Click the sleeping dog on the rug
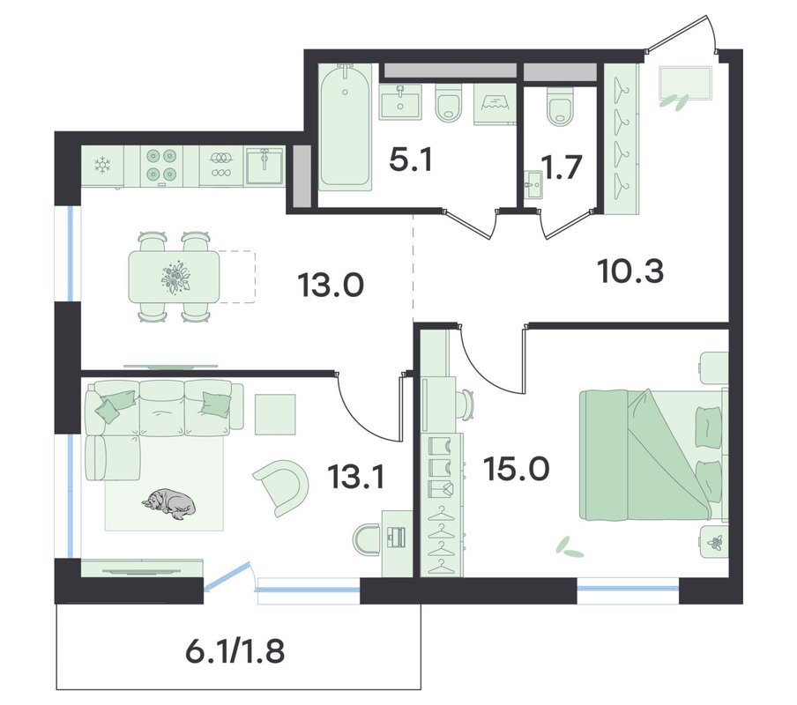pyautogui.click(x=168, y=504)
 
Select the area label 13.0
pyautogui.click(x=331, y=285)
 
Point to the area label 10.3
pyautogui.click(x=630, y=271)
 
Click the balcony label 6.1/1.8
pyautogui.click(x=235, y=651)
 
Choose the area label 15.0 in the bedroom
pyautogui.click(x=517, y=468)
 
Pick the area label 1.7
pyautogui.click(x=561, y=167)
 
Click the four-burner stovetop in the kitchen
pyautogui.click(x=161, y=165)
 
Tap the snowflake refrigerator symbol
pyautogui.click(x=103, y=166)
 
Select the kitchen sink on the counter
pyautogui.click(x=264, y=165)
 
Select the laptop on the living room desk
pyautogui.click(x=396, y=537)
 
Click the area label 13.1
pyautogui.click(x=355, y=477)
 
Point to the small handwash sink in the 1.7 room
pyautogui.click(x=533, y=185)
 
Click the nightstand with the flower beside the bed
pyautogui.click(x=713, y=542)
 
